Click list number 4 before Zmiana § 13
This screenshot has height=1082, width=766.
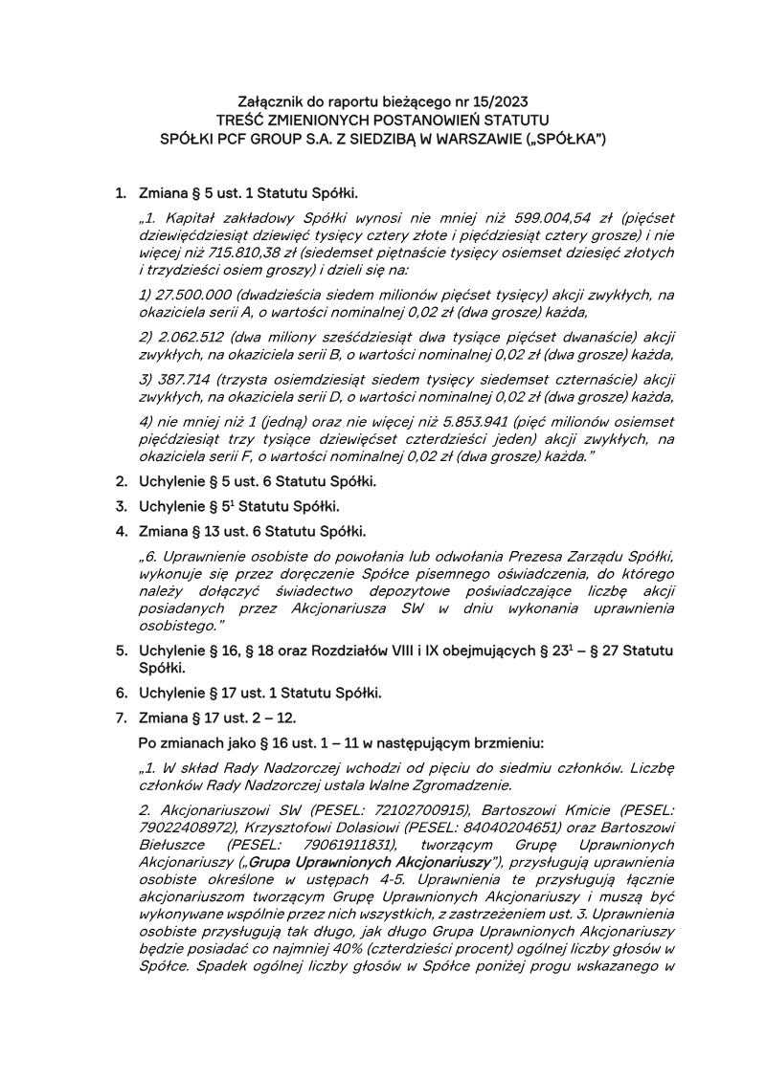[x=122, y=531]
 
